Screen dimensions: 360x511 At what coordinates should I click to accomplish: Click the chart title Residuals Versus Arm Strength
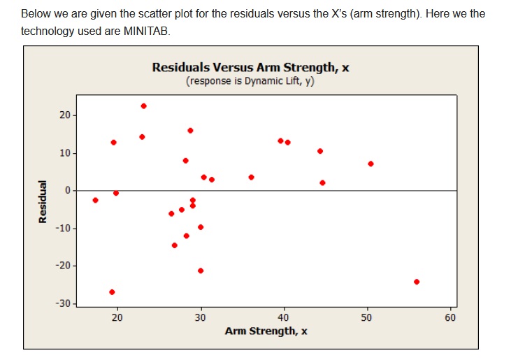click(x=250, y=68)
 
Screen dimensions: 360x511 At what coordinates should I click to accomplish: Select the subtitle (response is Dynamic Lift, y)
click(x=250, y=81)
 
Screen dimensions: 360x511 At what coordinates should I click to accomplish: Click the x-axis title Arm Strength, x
click(x=266, y=331)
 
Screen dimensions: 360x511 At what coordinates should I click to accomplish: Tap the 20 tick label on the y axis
click(x=64, y=115)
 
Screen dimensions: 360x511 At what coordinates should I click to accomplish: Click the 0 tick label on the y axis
click(x=67, y=191)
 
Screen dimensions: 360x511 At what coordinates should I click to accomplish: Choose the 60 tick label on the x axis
click(x=450, y=318)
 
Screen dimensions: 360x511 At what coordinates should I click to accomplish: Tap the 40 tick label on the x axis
click(x=284, y=318)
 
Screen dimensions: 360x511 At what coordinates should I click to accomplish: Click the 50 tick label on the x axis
click(x=367, y=318)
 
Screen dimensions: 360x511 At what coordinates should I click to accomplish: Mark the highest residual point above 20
click(x=143, y=106)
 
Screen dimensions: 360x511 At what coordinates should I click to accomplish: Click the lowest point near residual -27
click(x=112, y=292)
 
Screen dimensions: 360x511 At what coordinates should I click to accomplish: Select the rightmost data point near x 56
click(x=417, y=282)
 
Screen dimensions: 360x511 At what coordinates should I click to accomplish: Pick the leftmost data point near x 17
click(x=95, y=200)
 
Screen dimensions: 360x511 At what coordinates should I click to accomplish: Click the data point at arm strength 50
click(x=370, y=164)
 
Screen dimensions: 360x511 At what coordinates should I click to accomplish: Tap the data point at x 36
click(x=251, y=177)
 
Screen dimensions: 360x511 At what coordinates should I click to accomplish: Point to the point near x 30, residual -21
click(x=201, y=271)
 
